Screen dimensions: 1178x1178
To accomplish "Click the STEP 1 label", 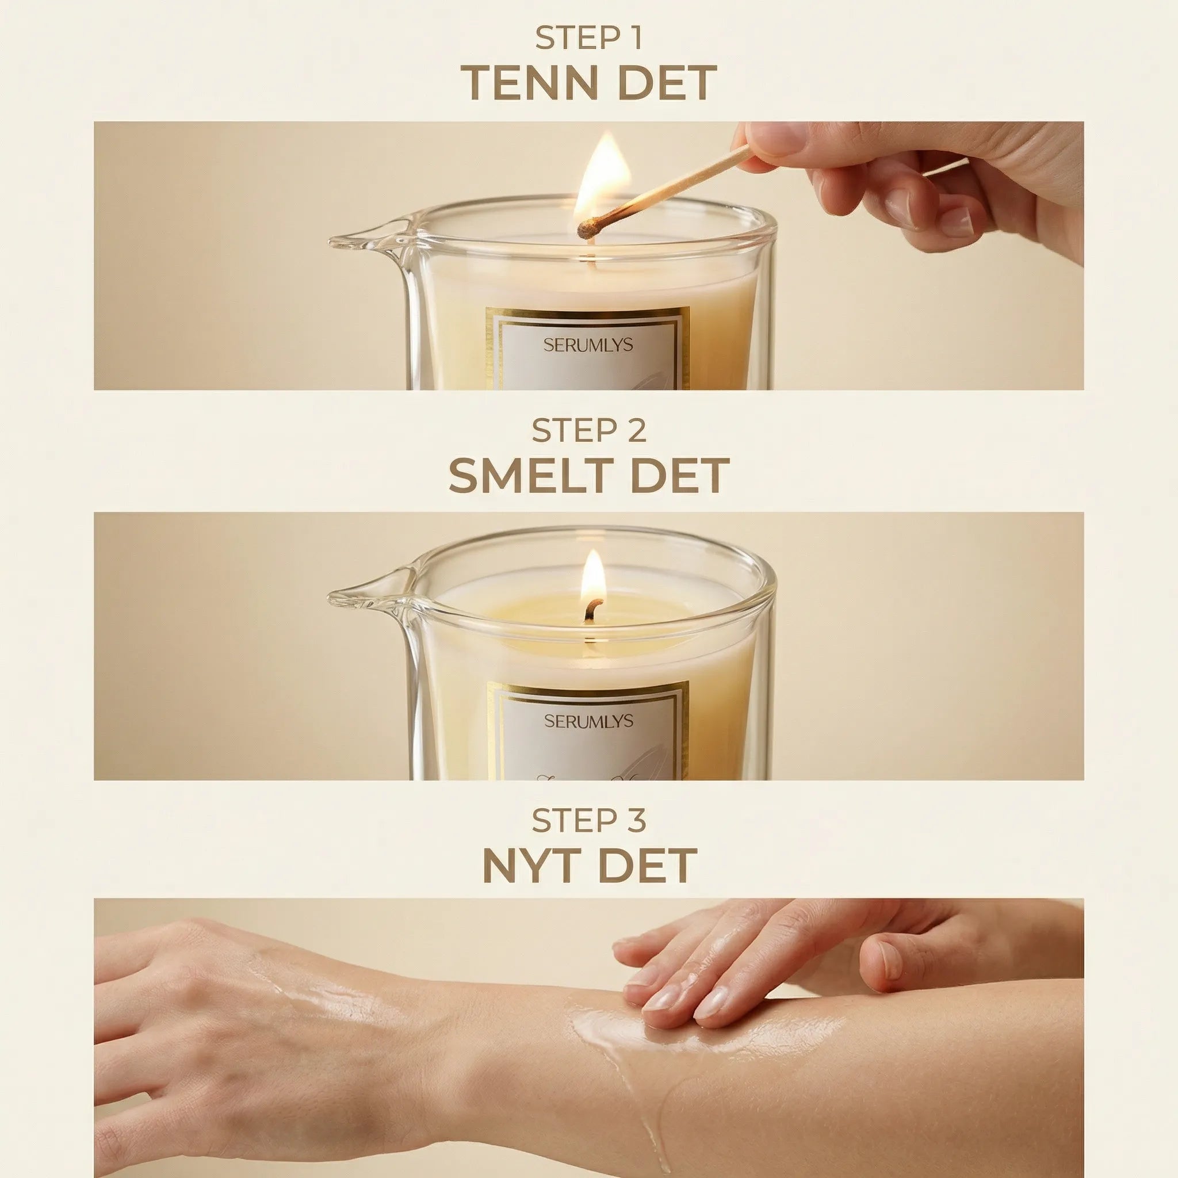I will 588,39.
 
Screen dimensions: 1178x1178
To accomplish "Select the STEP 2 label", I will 588,431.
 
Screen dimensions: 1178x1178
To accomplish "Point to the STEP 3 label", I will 588,821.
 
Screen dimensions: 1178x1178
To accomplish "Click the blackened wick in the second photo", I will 591,610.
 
